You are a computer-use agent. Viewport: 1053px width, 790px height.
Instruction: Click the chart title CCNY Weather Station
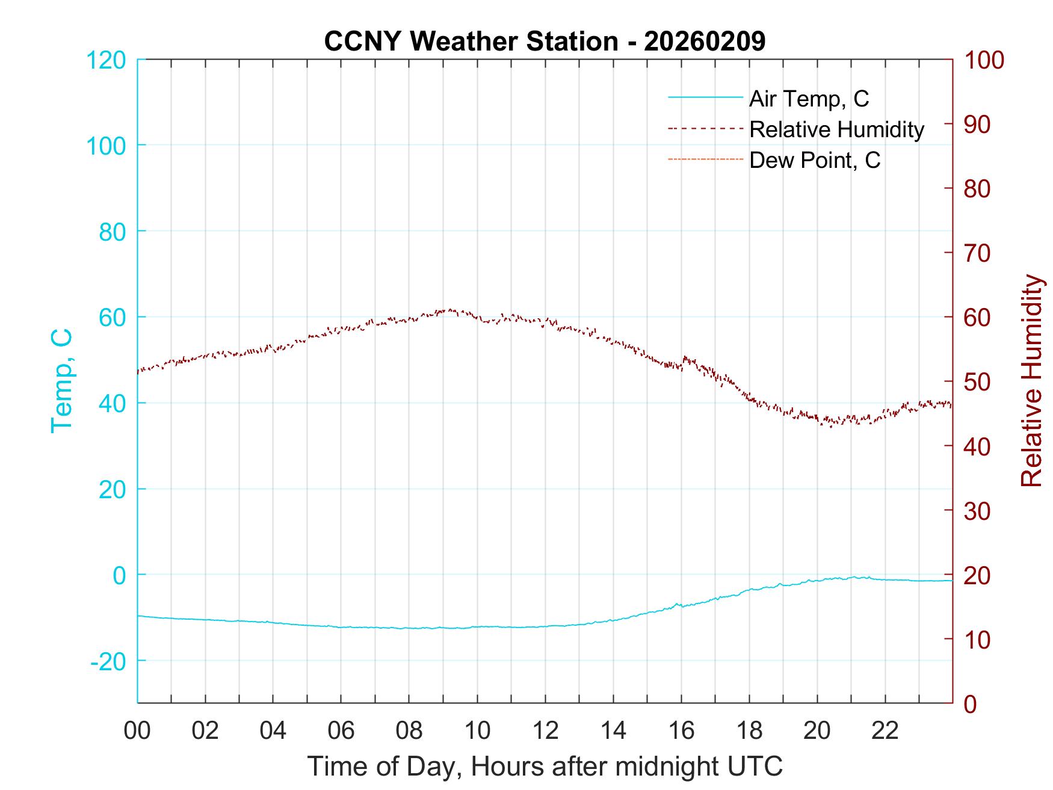click(x=545, y=42)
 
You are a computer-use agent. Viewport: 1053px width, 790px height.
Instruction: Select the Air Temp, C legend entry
click(x=809, y=99)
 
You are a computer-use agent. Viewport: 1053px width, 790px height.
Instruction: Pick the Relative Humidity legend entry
click(x=836, y=129)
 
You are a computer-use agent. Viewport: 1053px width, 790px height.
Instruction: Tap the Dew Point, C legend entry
click(x=815, y=160)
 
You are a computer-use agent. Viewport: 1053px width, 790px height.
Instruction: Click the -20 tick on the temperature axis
click(x=108, y=661)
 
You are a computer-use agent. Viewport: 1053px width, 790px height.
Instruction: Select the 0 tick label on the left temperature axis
click(x=119, y=575)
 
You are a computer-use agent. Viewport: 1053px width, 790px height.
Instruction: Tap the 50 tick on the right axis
click(x=978, y=382)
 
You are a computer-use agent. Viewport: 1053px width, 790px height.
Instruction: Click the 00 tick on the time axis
click(x=137, y=731)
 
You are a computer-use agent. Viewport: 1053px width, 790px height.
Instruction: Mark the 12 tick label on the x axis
click(x=545, y=731)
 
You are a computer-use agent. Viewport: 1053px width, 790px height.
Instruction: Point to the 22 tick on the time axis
click(x=885, y=731)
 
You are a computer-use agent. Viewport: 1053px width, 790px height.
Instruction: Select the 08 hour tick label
click(x=409, y=731)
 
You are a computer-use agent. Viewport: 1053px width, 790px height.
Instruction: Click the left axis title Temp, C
click(x=62, y=381)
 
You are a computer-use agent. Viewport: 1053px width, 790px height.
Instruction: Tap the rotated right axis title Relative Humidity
click(x=1031, y=381)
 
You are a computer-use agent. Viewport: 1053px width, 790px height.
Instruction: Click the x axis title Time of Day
click(x=545, y=767)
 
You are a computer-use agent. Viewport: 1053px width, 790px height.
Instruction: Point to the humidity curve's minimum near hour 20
click(x=831, y=426)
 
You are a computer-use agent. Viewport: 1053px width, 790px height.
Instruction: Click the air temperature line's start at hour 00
click(x=138, y=616)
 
